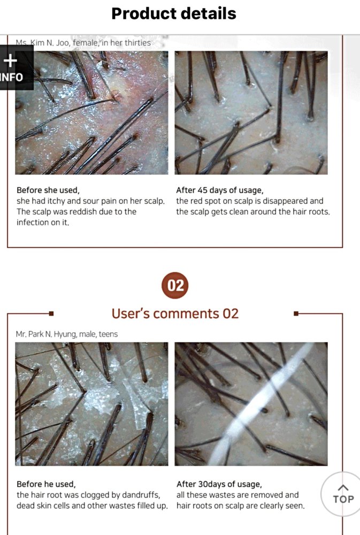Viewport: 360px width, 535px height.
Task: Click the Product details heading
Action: (x=174, y=14)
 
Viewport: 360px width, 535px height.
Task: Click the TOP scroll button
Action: (x=342, y=494)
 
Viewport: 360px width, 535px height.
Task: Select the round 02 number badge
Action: (x=175, y=285)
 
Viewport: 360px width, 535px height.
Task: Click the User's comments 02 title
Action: (x=175, y=314)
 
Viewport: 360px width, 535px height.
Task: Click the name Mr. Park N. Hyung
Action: (x=46, y=334)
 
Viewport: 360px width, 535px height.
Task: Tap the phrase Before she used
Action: (x=48, y=190)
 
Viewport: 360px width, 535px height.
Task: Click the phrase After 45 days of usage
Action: (x=220, y=190)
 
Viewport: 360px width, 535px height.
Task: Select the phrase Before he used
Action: (x=46, y=484)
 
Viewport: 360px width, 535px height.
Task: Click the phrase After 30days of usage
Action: (x=219, y=484)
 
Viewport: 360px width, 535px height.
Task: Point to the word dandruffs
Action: (x=141, y=495)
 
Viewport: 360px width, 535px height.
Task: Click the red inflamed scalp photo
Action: (x=91, y=112)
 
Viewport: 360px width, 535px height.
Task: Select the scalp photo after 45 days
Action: (x=251, y=112)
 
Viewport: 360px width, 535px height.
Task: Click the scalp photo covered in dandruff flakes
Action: (x=91, y=404)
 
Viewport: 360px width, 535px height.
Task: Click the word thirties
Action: (x=137, y=43)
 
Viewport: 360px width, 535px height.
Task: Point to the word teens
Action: (x=108, y=334)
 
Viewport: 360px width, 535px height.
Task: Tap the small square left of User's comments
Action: (x=51, y=314)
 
